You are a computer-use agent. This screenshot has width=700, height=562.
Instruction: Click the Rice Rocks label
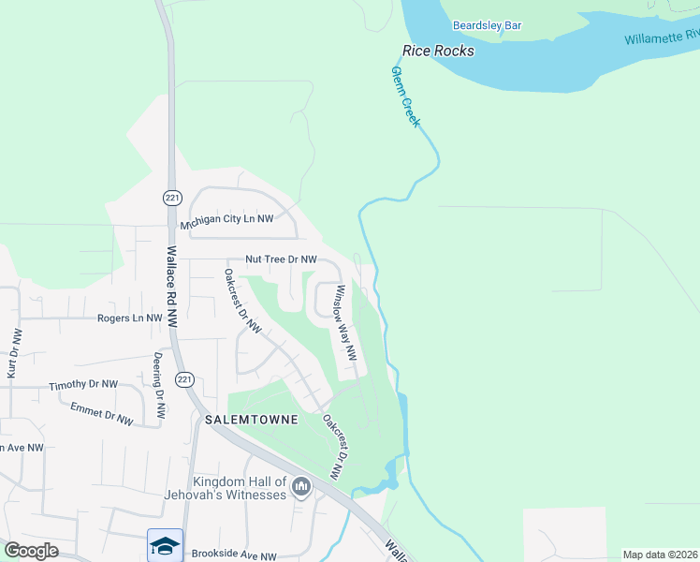[438, 51]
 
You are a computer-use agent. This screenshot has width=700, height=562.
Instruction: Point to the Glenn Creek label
[406, 97]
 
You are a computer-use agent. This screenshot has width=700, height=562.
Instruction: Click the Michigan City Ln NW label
[226, 219]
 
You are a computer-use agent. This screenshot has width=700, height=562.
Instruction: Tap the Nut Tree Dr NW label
[281, 259]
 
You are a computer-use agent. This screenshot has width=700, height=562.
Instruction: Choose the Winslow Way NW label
[346, 323]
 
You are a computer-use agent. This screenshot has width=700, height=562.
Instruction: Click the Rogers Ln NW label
[129, 318]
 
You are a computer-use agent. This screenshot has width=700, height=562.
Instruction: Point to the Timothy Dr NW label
[83, 384]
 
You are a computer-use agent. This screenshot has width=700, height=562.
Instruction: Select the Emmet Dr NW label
[102, 412]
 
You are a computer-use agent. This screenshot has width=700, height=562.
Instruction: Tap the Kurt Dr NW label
[13, 353]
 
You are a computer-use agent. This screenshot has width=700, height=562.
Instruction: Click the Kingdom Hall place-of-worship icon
[301, 487]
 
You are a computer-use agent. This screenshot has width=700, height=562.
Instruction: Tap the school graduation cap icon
[165, 545]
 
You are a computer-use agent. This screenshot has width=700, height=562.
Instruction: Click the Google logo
[31, 551]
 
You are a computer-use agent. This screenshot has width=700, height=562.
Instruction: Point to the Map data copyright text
[660, 555]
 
